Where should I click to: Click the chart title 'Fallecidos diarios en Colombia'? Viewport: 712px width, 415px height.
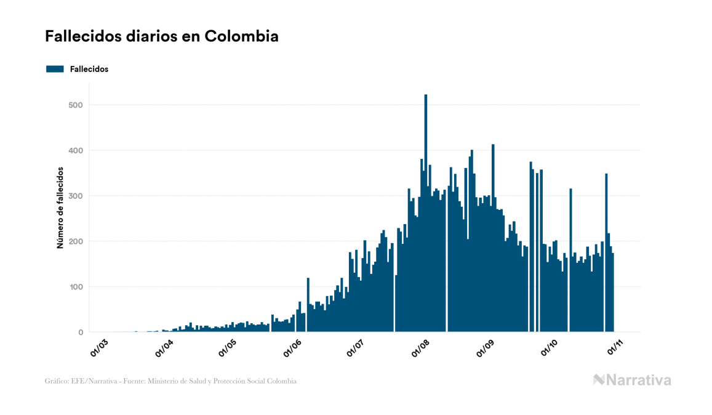[x=161, y=36]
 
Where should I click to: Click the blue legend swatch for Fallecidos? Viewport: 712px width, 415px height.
[x=55, y=69]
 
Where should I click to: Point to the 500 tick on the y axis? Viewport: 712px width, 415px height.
[x=76, y=105]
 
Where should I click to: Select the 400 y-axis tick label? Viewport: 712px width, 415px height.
[x=76, y=151]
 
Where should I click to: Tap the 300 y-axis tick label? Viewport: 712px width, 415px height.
[x=76, y=196]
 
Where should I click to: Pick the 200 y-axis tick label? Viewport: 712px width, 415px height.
[x=76, y=241]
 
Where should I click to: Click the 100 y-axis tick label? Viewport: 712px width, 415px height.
[x=76, y=287]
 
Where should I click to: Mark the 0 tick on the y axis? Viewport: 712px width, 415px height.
[x=80, y=332]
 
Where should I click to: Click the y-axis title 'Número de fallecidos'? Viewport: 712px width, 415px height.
[x=60, y=207]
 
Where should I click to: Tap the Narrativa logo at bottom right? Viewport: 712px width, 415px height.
[x=632, y=380]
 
